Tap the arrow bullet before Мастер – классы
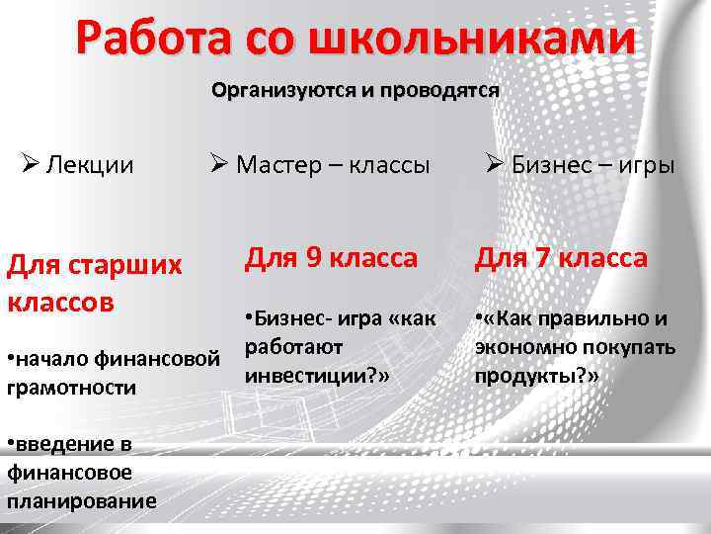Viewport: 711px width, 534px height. (219, 164)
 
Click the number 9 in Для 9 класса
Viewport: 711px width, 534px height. (313, 258)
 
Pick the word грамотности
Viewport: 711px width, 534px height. (71, 388)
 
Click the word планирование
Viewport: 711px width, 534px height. (81, 500)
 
